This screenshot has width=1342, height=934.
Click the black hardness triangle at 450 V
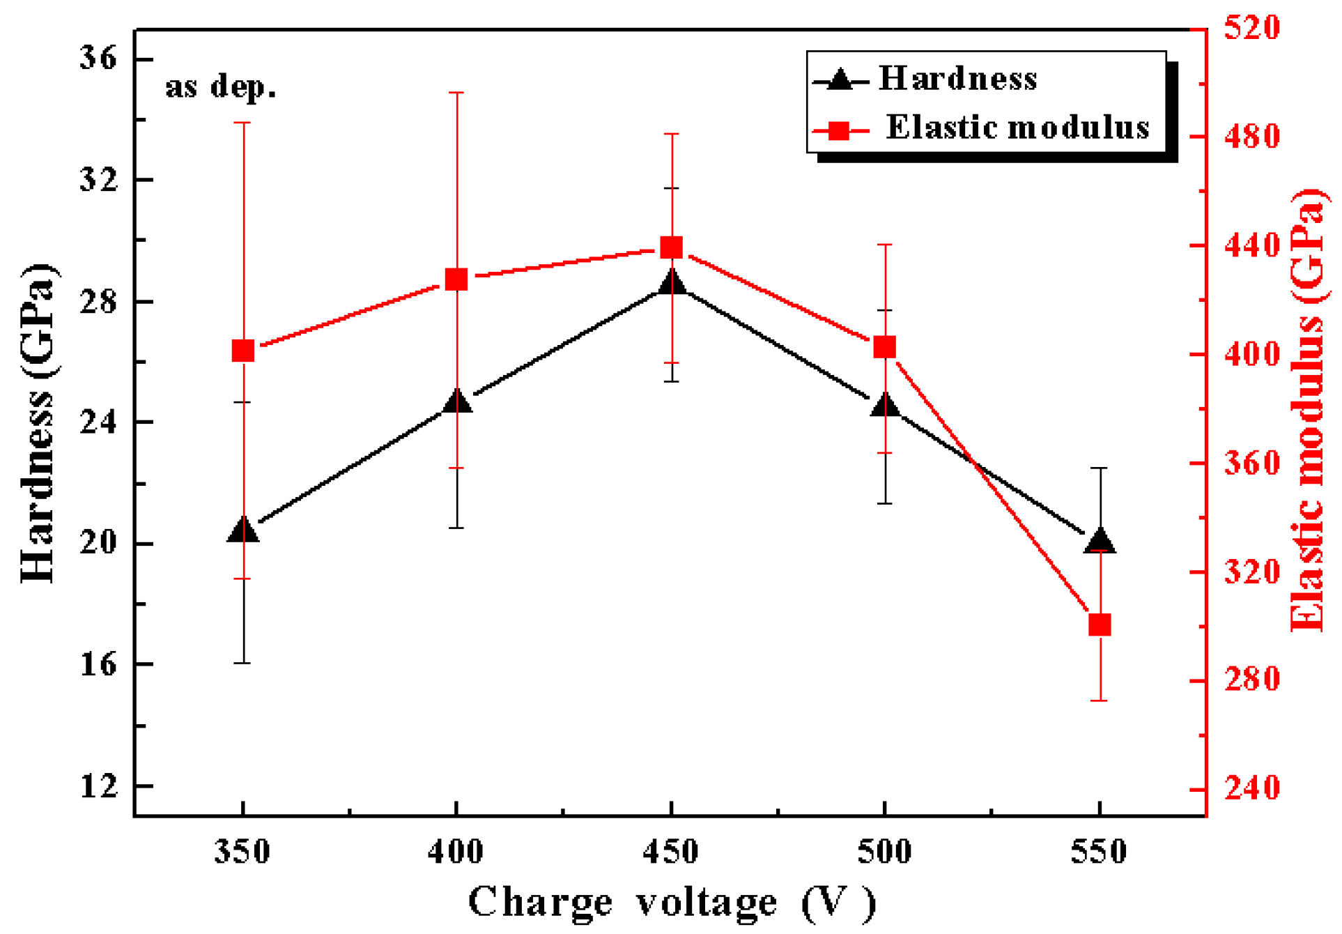click(671, 282)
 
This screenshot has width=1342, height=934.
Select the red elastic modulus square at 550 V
click(1099, 625)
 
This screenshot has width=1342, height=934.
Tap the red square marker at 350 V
click(243, 351)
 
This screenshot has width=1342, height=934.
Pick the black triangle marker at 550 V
click(1099, 541)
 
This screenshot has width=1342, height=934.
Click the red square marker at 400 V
click(456, 280)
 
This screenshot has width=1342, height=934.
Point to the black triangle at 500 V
click(885, 404)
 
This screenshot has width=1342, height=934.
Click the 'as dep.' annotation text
click(220, 86)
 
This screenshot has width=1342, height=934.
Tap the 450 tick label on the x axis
click(670, 852)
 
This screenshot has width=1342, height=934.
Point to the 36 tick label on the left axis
click(98, 57)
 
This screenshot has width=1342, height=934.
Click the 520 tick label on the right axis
click(1252, 28)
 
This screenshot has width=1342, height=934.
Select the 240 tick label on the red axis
click(1252, 788)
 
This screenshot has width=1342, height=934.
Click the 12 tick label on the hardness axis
click(98, 786)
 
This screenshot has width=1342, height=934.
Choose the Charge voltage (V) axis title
click(671, 903)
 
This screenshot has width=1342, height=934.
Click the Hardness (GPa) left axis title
click(38, 422)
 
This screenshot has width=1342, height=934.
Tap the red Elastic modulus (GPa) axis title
click(1306, 410)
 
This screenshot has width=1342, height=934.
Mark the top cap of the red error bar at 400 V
click(456, 92)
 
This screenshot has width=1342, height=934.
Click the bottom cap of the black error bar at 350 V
click(242, 663)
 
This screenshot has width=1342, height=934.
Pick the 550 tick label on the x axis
click(1098, 852)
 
